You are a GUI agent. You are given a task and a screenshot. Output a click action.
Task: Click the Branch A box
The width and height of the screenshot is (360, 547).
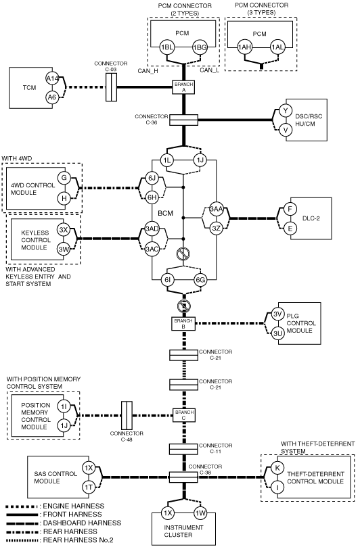point(183,87)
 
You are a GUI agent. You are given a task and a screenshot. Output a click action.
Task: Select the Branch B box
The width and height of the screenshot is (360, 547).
point(183,324)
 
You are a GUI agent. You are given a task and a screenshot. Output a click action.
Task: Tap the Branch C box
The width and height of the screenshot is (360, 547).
point(183,414)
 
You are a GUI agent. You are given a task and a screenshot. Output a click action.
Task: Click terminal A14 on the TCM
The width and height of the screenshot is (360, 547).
point(52,79)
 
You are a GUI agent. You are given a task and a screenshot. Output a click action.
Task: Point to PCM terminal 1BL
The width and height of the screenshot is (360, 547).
point(167,48)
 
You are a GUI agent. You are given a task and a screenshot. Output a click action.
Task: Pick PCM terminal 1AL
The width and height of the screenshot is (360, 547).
point(277,47)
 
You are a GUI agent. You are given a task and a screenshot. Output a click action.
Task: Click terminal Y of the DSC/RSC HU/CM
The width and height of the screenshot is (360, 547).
point(286,111)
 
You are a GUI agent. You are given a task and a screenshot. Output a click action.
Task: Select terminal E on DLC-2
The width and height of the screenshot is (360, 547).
point(290,229)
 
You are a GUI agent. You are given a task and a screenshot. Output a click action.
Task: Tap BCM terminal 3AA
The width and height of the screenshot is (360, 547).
point(217,209)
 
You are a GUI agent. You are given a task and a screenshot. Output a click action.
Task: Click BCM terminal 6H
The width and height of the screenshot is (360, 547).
point(152,198)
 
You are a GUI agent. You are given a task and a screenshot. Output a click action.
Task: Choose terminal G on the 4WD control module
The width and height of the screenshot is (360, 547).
point(64,178)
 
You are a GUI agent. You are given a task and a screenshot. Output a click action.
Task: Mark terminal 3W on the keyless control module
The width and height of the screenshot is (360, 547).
point(64,249)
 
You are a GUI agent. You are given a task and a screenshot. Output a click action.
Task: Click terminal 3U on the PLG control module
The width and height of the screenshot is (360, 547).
point(277,333)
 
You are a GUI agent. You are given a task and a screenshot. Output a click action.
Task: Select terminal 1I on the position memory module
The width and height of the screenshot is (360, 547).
point(64,406)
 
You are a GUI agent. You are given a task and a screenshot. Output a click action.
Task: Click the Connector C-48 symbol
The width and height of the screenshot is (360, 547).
point(127,415)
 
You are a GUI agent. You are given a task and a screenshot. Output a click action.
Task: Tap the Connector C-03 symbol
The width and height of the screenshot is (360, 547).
point(111,87)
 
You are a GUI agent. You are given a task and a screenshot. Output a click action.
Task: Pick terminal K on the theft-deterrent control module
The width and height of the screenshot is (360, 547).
point(277,468)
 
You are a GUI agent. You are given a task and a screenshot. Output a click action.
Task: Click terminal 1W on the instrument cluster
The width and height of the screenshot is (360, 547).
point(200,513)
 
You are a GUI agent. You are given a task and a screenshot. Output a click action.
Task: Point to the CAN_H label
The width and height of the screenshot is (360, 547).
point(148,71)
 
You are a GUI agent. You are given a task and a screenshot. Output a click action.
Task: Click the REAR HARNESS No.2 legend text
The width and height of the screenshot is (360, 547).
point(78,540)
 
